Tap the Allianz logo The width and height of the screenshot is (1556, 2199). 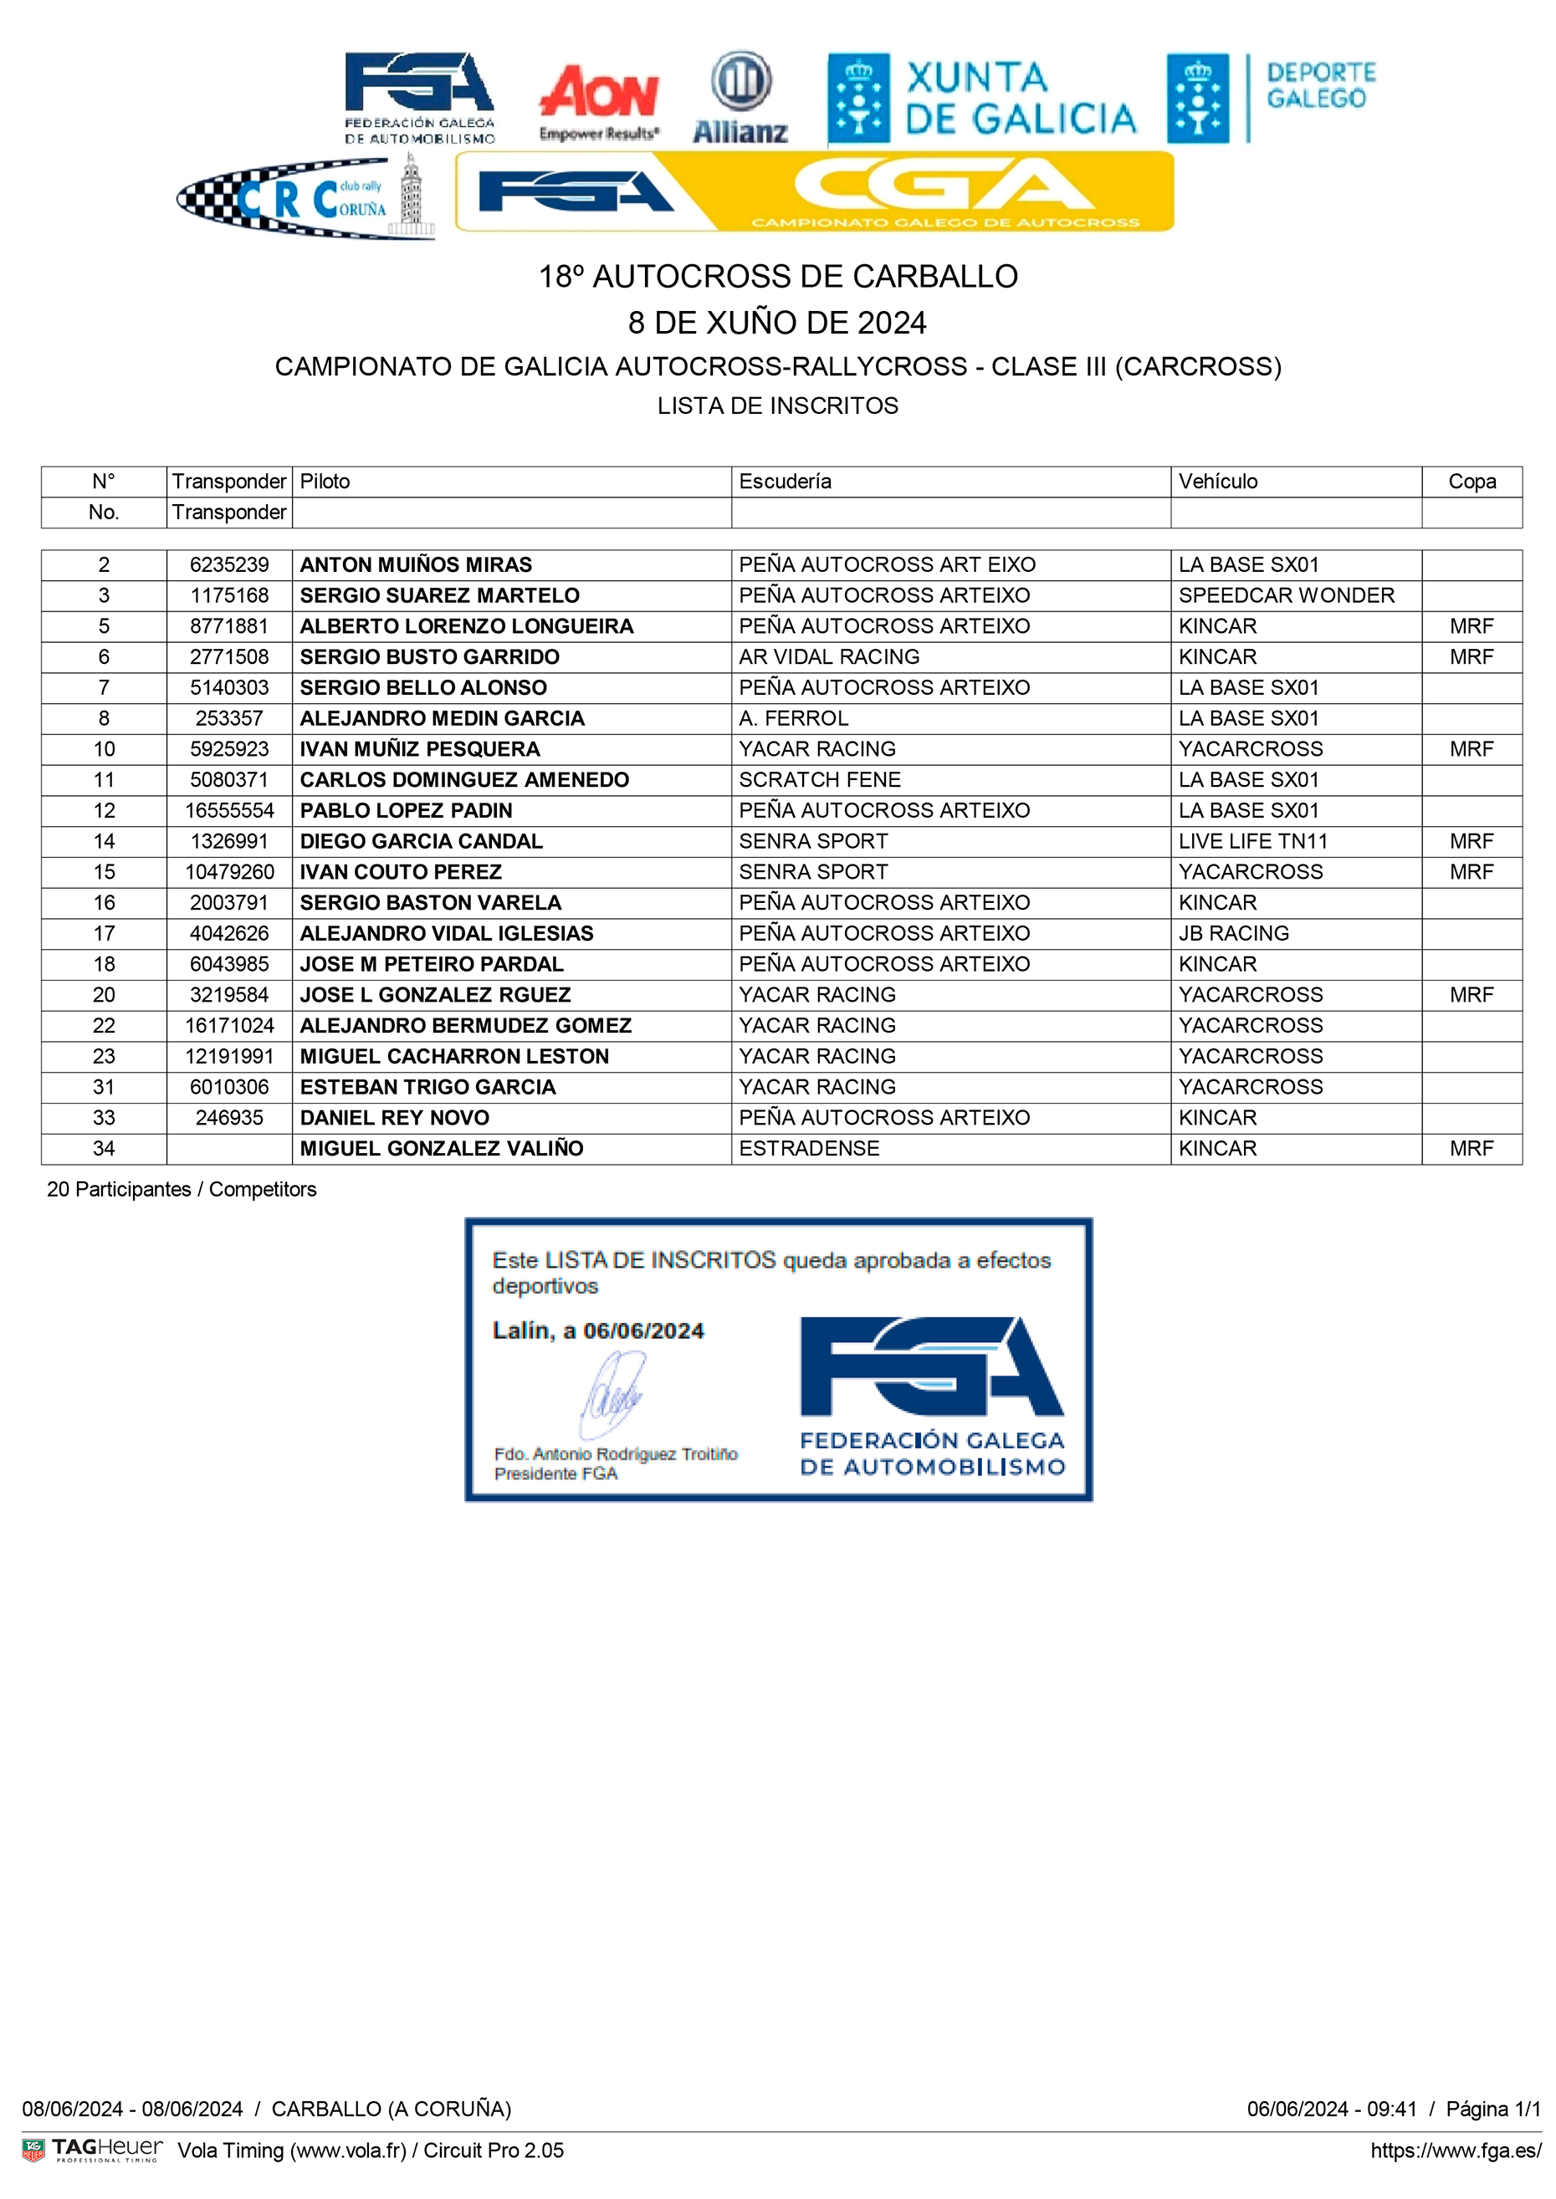(740, 99)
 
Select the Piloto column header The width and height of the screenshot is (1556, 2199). (325, 482)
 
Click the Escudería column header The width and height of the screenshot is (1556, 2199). (785, 482)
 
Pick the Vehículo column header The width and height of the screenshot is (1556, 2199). (1218, 482)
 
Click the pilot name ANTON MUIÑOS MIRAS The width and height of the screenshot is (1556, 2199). (416, 565)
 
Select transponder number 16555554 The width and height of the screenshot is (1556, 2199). (230, 811)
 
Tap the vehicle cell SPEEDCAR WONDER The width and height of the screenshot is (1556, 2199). (1286, 595)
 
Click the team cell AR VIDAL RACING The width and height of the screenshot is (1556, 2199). (829, 657)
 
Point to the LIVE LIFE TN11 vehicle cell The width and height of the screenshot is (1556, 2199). (1253, 842)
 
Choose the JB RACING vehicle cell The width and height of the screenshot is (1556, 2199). (1234, 934)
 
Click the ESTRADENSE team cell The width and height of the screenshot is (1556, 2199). (809, 1150)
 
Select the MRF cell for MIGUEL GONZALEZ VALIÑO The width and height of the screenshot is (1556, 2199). (1472, 1150)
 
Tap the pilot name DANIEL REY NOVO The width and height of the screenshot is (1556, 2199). (395, 1119)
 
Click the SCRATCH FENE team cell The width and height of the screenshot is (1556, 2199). (820, 781)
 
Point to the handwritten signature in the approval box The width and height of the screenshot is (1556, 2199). (614, 1395)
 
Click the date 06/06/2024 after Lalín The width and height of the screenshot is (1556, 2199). (644, 1331)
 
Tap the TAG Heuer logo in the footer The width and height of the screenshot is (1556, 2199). (93, 2151)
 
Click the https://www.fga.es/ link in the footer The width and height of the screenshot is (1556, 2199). (1456, 2151)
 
